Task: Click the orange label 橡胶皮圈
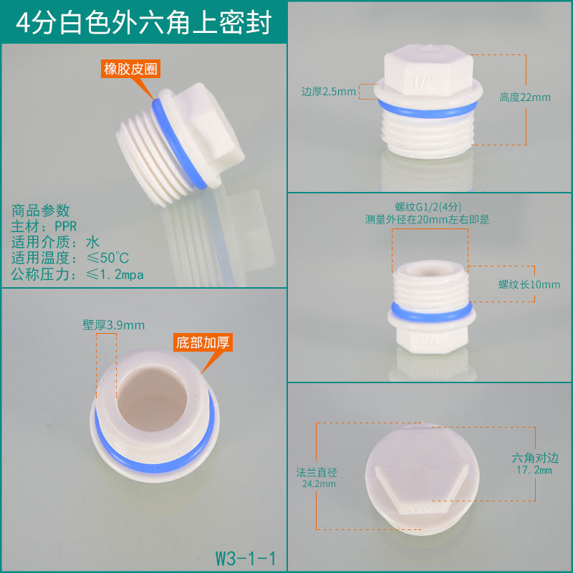pos(130,69)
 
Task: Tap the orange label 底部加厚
pos(203,342)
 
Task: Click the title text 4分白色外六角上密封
pos(144,23)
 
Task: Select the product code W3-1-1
pos(246,558)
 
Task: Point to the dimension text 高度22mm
pos(525,97)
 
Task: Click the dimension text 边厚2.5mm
pos(329,92)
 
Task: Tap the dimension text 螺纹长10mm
pos(529,284)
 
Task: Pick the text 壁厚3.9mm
pos(114,325)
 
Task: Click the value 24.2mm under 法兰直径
pos(319,484)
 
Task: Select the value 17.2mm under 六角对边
pos(534,470)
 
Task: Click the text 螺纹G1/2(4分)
pos(428,207)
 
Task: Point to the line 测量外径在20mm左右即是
pos(427,219)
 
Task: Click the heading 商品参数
pos(41,211)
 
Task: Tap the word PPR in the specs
pos(66,226)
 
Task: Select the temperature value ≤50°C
pos(108,258)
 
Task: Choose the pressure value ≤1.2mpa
pos(115,274)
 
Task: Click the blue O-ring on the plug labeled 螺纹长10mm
pos(432,312)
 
